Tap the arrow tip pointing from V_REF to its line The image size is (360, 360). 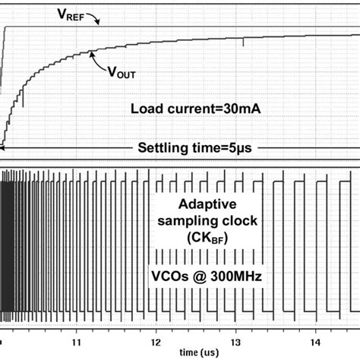coord(99,26)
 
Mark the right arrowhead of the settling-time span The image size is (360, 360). coord(355,148)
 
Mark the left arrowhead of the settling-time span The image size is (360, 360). coord(4,148)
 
